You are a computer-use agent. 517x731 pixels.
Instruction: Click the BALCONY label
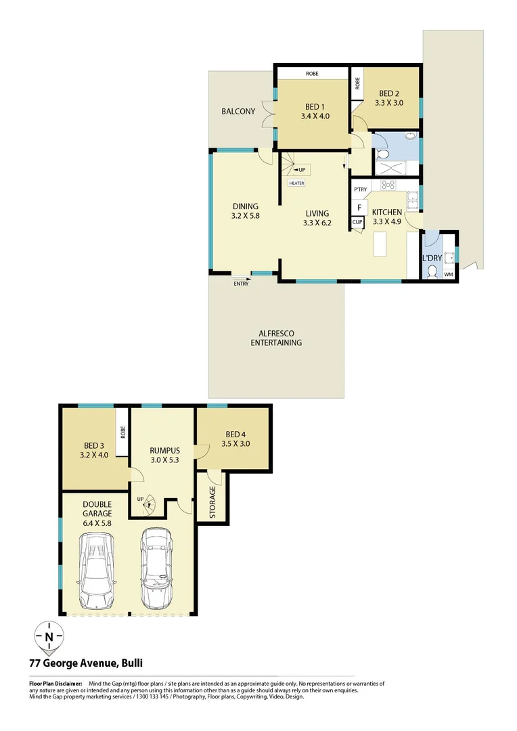(x=238, y=111)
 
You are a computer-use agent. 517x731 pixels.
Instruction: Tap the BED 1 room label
(x=315, y=107)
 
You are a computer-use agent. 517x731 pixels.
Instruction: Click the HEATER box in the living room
(x=296, y=183)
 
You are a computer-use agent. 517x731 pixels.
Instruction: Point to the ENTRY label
(x=241, y=284)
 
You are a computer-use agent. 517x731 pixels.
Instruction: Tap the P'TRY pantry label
(x=360, y=190)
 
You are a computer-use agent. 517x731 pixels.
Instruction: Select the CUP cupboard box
(x=357, y=221)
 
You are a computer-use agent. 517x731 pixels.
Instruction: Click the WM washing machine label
(x=448, y=274)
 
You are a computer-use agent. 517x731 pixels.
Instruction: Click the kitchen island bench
(x=381, y=244)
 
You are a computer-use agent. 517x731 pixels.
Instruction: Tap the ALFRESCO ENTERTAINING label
(x=275, y=338)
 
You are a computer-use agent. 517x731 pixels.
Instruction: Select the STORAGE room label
(x=212, y=502)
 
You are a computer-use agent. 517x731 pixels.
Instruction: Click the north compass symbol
(x=49, y=637)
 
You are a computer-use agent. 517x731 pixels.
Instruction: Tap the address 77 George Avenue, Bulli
(x=85, y=663)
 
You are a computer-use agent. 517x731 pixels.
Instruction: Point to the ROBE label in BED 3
(x=123, y=431)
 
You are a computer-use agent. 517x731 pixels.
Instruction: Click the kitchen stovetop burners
(x=388, y=184)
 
